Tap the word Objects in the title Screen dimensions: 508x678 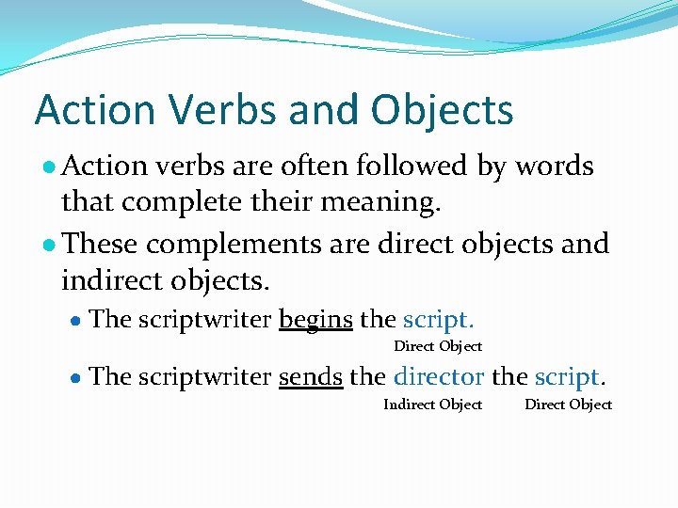[x=442, y=110]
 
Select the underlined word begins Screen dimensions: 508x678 [x=315, y=320]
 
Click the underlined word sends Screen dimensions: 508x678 [x=310, y=377]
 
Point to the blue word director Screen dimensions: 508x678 [x=439, y=377]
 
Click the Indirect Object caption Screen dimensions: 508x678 [x=432, y=405]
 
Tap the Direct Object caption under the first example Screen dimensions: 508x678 [x=437, y=346]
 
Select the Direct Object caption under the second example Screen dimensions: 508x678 [x=568, y=405]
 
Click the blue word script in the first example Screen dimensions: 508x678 [x=435, y=320]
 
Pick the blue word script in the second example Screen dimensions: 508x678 [x=566, y=377]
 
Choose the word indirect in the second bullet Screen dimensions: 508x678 [x=114, y=279]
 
